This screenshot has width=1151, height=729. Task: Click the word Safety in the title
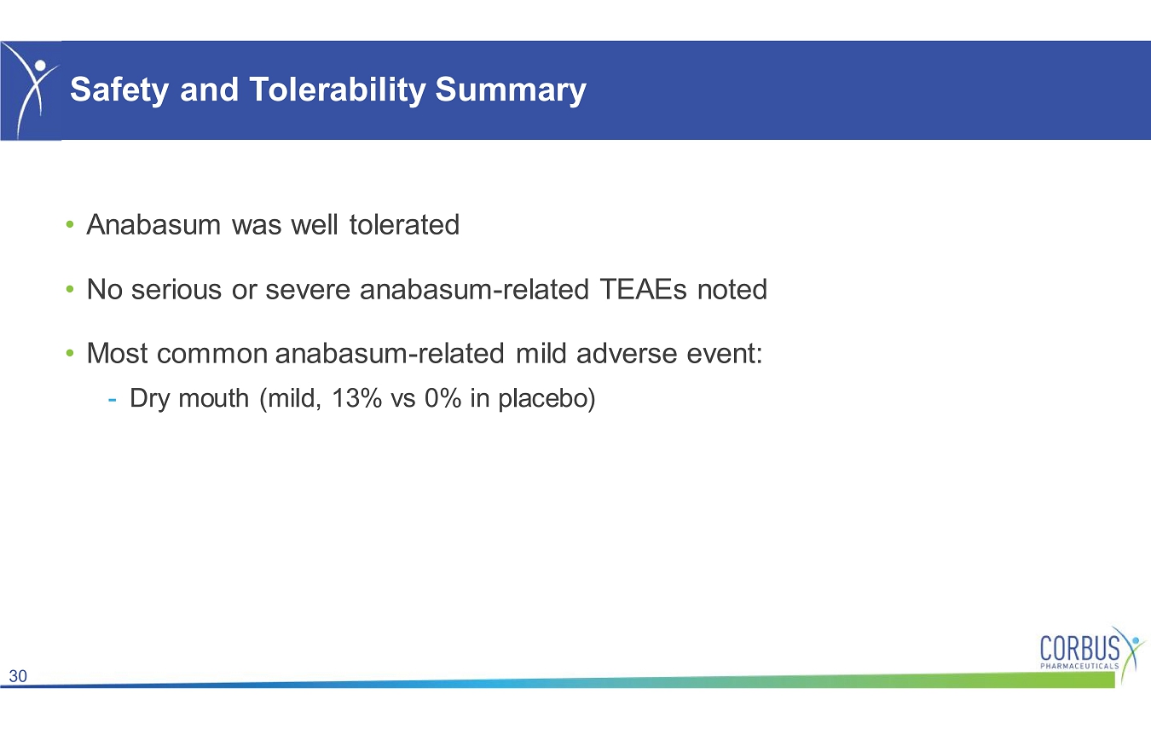pyautogui.click(x=119, y=90)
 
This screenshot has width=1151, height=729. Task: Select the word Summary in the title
pyautogui.click(x=511, y=90)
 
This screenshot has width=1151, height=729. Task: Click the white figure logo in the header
pyautogui.click(x=32, y=90)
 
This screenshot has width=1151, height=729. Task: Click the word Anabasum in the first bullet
pyautogui.click(x=153, y=224)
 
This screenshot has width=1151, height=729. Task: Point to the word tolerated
pyautogui.click(x=404, y=224)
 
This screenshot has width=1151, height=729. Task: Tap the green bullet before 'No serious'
pyautogui.click(x=70, y=289)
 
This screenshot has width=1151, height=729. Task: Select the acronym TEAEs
pyautogui.click(x=643, y=289)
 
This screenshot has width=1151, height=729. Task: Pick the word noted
pyautogui.click(x=732, y=289)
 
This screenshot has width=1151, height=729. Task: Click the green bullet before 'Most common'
pyautogui.click(x=70, y=354)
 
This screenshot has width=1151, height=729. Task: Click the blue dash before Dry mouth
pyautogui.click(x=112, y=399)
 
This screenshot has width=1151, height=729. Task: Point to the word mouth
pyautogui.click(x=214, y=398)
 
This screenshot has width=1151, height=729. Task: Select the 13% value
pyautogui.click(x=357, y=398)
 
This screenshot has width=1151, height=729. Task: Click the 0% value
pyautogui.click(x=443, y=398)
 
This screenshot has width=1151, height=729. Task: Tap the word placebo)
pyautogui.click(x=547, y=399)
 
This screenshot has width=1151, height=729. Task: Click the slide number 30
pyautogui.click(x=18, y=676)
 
